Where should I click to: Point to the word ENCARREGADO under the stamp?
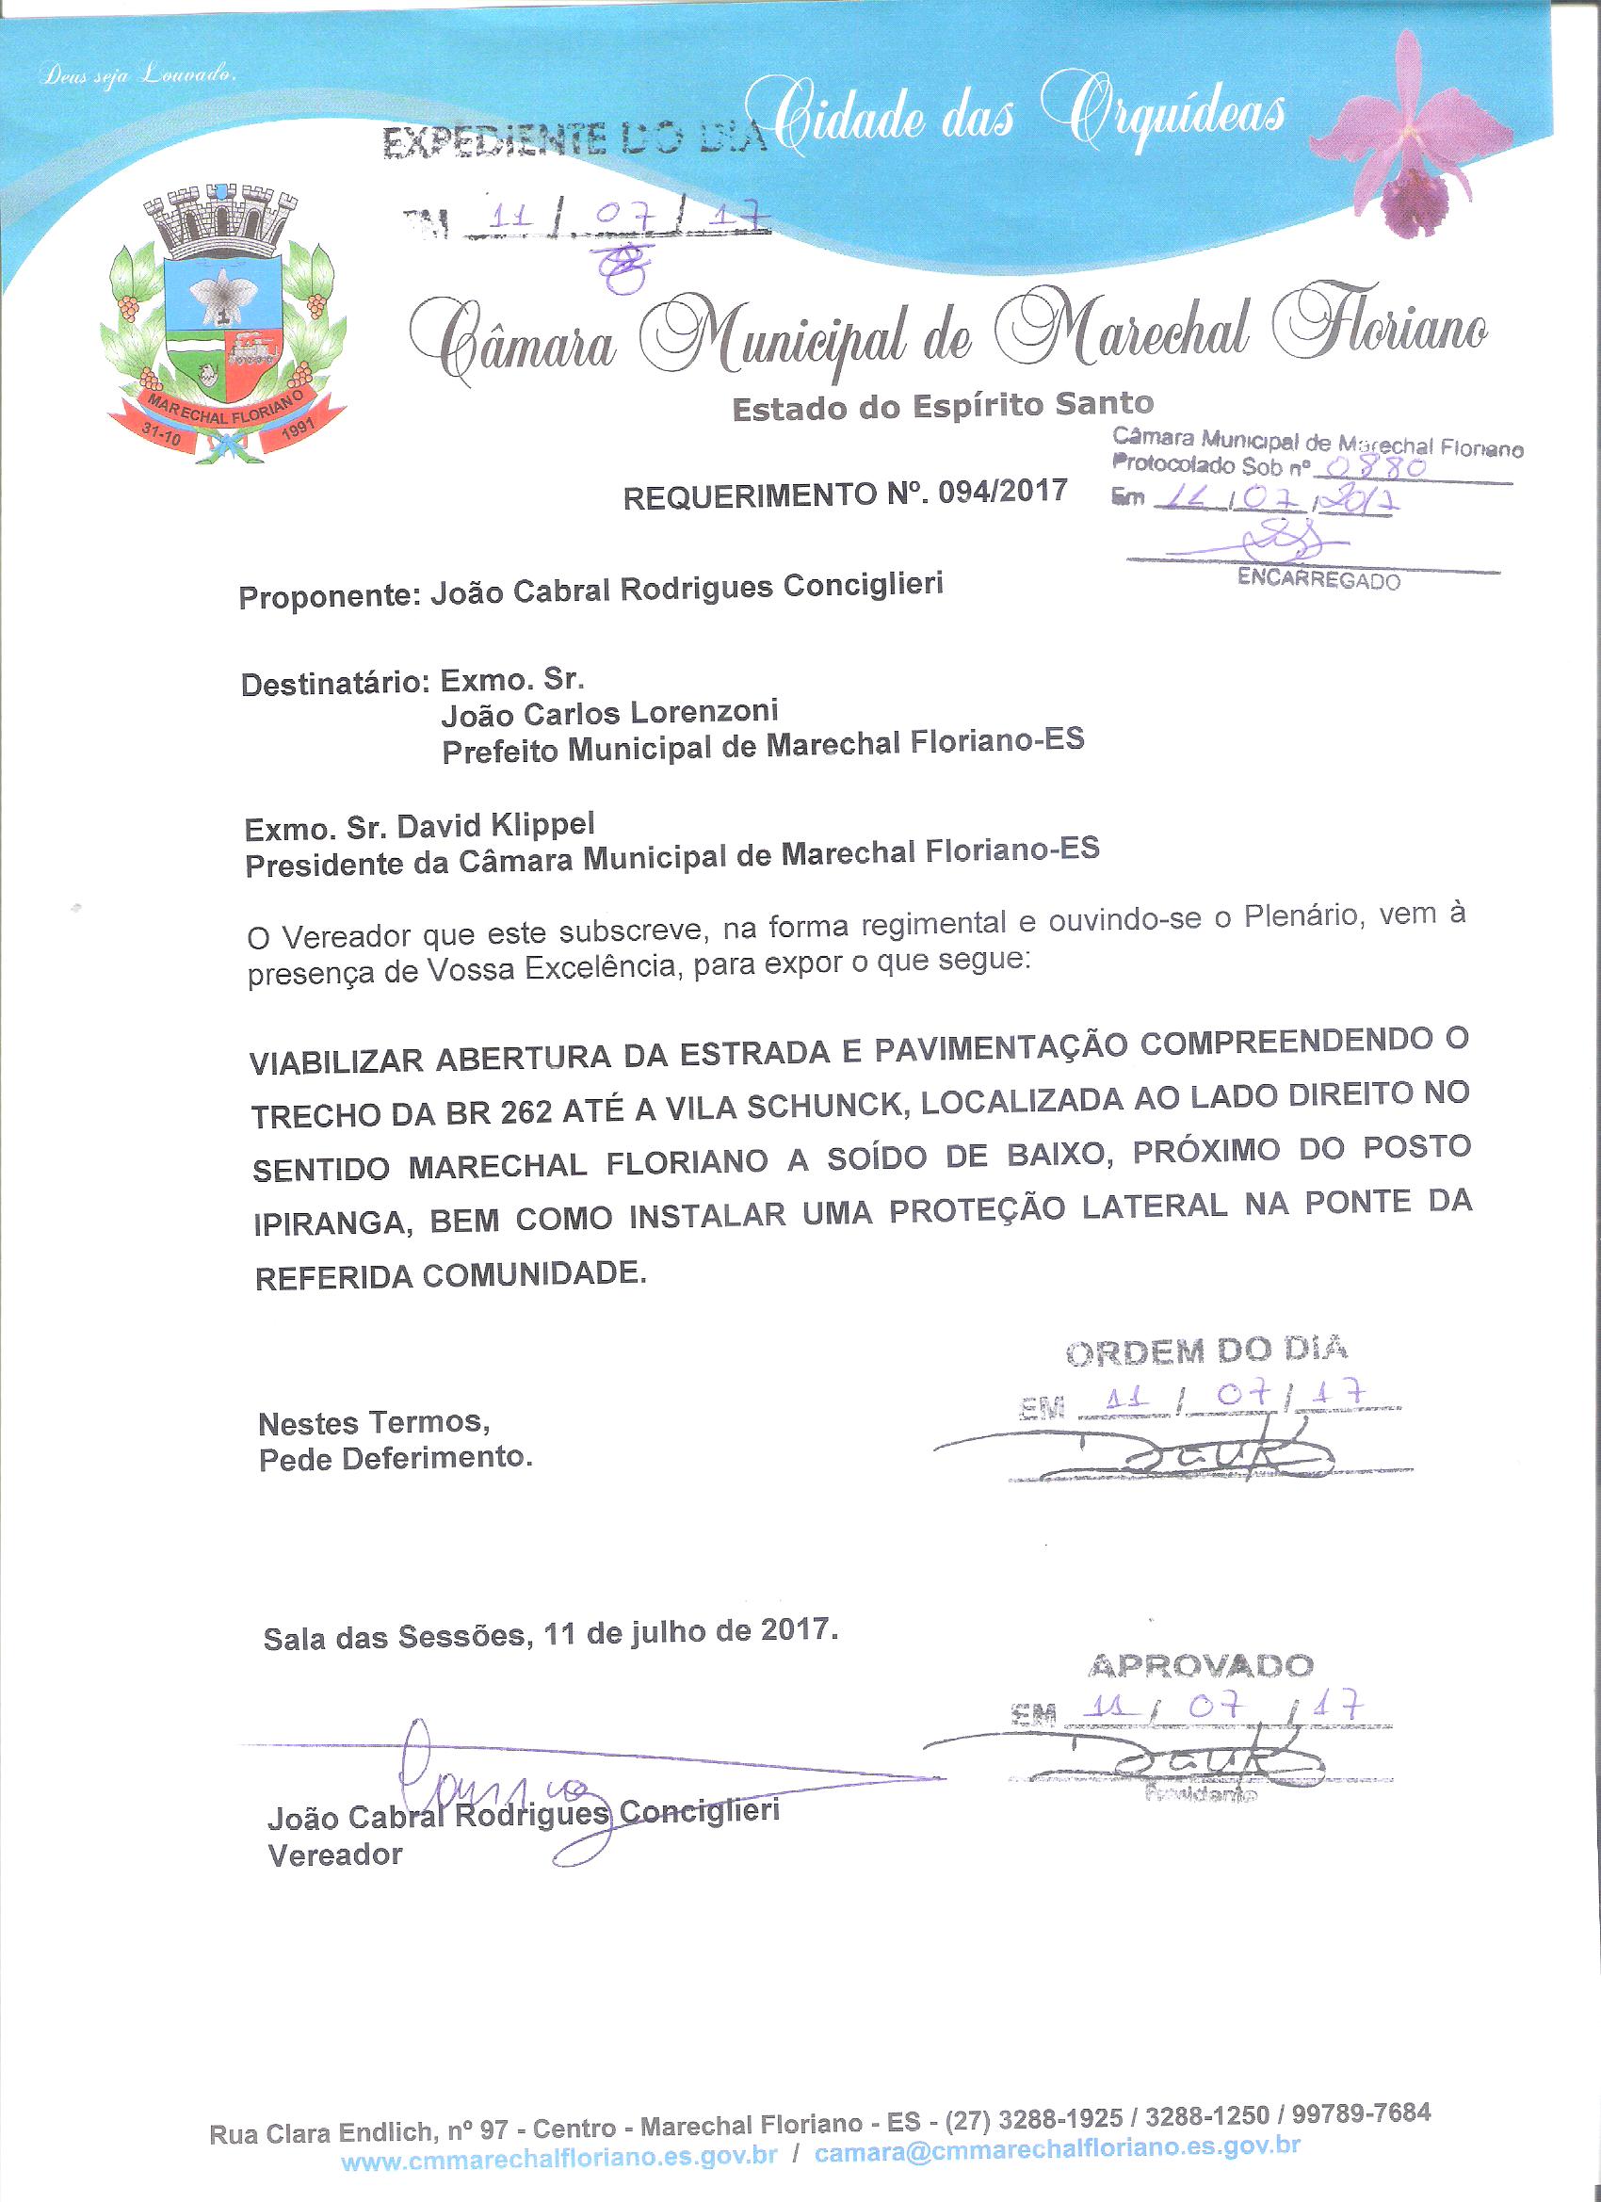click(x=1318, y=579)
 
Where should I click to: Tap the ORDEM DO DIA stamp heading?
click(x=1205, y=1351)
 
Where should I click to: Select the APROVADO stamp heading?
click(x=1200, y=1666)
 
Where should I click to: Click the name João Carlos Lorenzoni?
click(x=609, y=715)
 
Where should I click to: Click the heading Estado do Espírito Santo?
click(x=942, y=406)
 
